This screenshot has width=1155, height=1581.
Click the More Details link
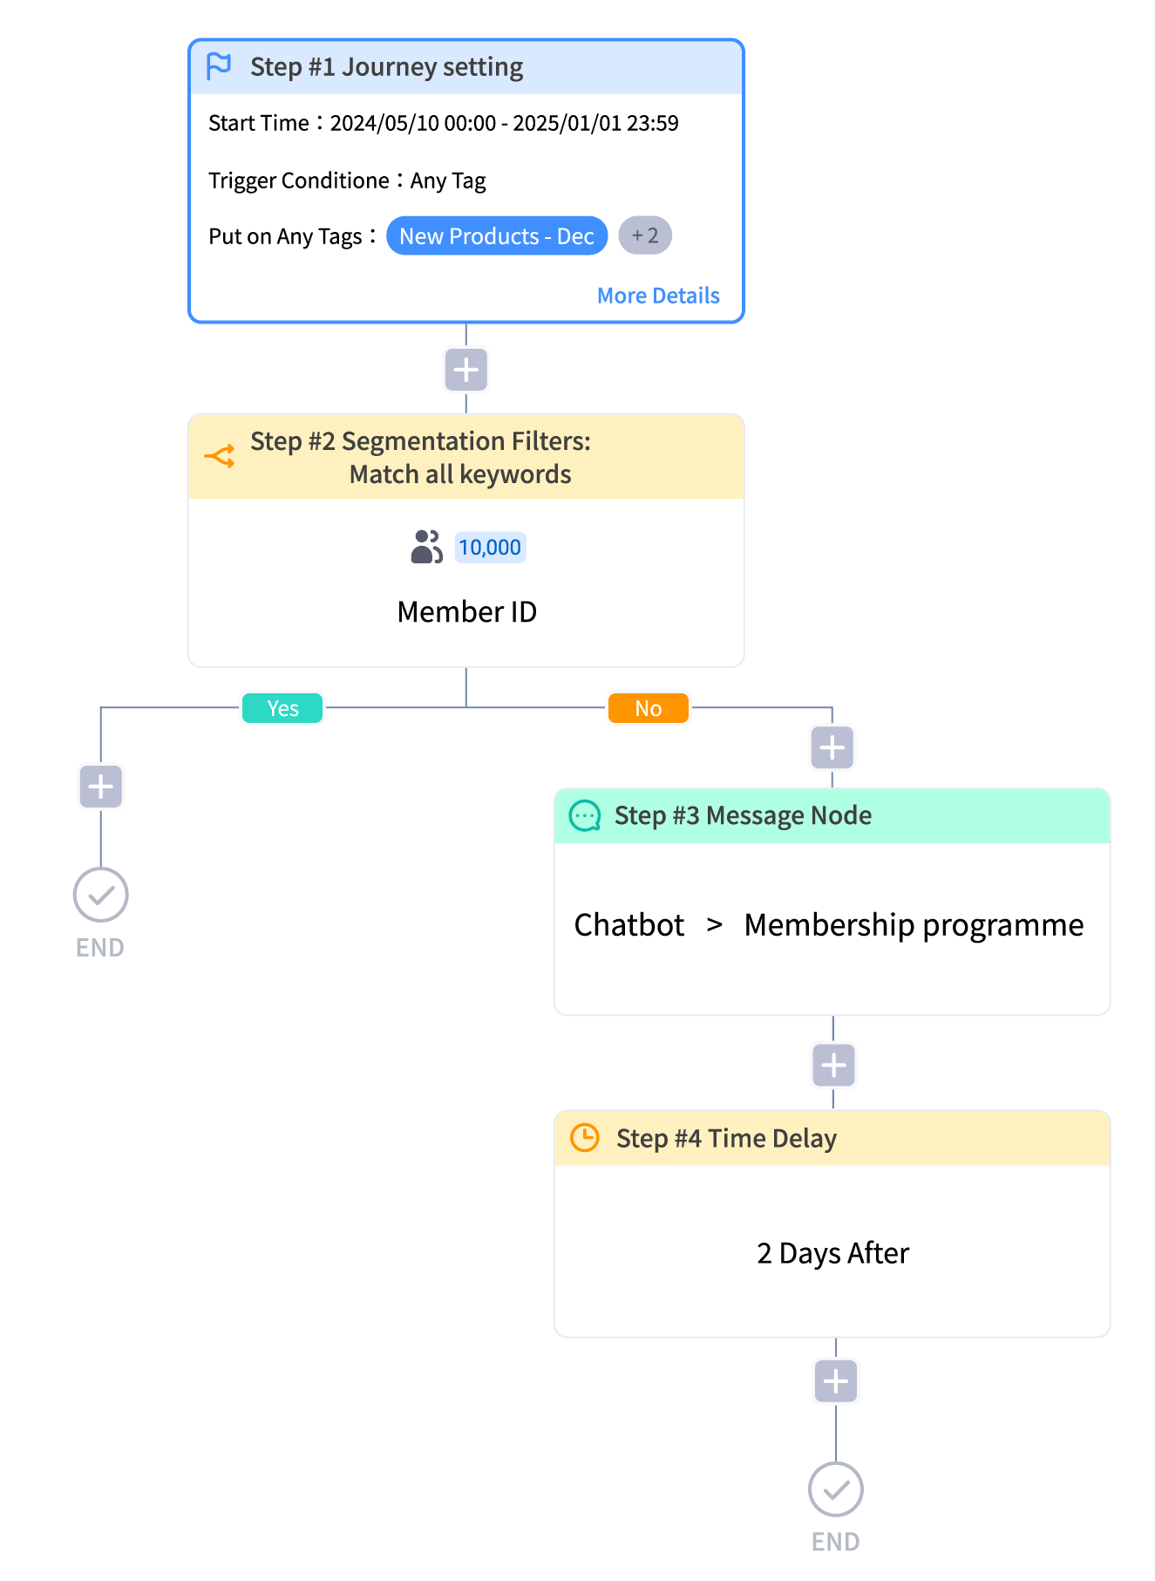(x=658, y=296)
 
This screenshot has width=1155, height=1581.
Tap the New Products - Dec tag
(x=497, y=235)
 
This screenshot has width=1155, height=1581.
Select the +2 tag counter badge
(x=645, y=235)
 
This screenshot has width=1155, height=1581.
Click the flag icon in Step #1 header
(x=219, y=65)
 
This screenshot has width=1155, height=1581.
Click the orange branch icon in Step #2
(x=220, y=456)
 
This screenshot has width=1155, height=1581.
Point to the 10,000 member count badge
(x=490, y=548)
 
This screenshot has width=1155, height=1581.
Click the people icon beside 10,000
(x=426, y=547)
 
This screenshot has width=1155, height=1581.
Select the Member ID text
(x=466, y=612)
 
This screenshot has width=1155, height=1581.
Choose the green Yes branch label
(x=282, y=708)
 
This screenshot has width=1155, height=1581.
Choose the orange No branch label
(x=649, y=708)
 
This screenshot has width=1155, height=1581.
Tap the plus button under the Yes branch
(x=101, y=787)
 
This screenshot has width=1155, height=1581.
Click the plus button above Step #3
(x=832, y=747)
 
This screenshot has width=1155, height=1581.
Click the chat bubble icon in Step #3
(x=585, y=816)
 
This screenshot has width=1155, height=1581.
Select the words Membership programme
(x=914, y=925)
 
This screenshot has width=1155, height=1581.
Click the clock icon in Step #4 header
(x=584, y=1138)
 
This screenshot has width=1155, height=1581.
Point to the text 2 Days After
(x=832, y=1254)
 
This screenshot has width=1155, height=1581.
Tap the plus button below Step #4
(x=836, y=1381)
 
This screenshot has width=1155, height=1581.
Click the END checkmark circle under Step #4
(x=836, y=1490)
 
